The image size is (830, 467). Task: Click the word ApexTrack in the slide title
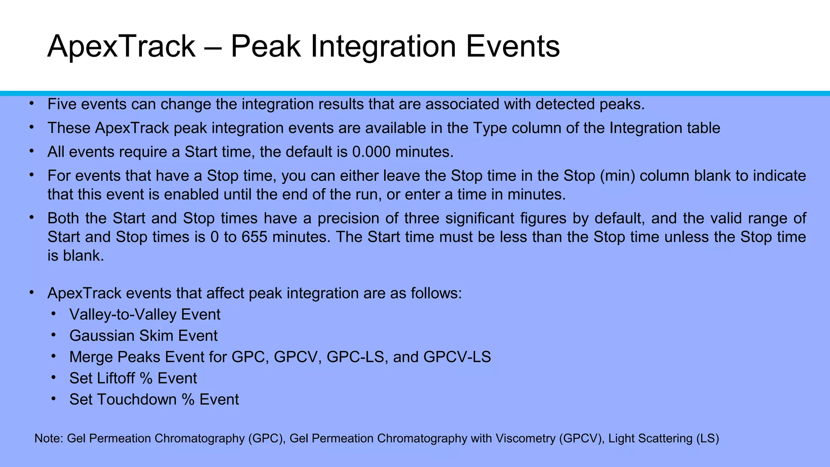(121, 47)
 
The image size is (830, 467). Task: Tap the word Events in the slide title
(512, 47)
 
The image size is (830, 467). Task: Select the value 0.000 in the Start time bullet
(371, 152)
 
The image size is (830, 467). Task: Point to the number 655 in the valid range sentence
(254, 237)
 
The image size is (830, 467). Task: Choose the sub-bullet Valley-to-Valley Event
(145, 315)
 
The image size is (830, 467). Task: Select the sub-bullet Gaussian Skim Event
(143, 336)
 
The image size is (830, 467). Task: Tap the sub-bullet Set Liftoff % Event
(133, 378)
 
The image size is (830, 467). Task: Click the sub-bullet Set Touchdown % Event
(154, 399)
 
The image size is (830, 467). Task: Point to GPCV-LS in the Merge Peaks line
(457, 357)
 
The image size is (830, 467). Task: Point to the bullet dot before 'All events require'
(32, 151)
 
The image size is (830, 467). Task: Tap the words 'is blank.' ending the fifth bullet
(76, 256)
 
